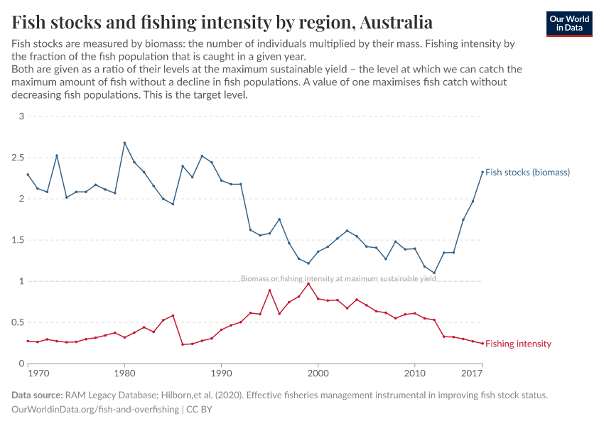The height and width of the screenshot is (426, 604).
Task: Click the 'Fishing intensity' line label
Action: (x=518, y=344)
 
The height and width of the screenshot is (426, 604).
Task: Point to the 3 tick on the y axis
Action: (x=21, y=116)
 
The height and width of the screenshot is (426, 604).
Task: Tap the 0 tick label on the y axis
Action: (x=21, y=364)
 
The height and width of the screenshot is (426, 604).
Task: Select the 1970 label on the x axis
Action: (x=38, y=373)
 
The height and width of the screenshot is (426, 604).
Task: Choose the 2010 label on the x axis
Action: (x=415, y=373)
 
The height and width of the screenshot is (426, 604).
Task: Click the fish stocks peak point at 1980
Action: (x=124, y=143)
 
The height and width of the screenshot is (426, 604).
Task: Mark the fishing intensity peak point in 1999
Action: (x=308, y=283)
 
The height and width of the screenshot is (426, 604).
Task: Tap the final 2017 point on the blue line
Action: (x=482, y=171)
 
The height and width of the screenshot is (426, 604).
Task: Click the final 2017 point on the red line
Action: (x=482, y=344)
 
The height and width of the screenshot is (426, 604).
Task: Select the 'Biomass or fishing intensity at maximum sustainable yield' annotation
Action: (x=338, y=279)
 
